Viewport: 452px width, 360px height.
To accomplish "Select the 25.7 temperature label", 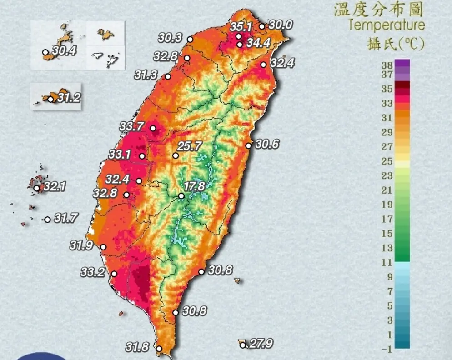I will [189, 146].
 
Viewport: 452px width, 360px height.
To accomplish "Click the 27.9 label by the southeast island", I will [261, 344].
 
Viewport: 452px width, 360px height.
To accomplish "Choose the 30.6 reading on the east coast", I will [267, 144].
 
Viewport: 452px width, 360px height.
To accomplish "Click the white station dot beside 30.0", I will [262, 26].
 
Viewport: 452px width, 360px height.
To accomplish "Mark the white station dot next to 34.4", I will [240, 44].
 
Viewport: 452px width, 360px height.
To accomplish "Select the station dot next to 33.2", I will [114, 274].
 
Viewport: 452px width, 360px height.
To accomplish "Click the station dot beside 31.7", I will [47, 220].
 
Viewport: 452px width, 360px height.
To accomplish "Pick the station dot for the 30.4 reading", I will [45, 52].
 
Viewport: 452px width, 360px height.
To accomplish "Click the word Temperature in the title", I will [387, 25].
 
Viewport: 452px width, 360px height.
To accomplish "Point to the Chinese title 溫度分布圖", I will [379, 9].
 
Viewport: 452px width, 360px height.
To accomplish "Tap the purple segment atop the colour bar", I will [402, 66].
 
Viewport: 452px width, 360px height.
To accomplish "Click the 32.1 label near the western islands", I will [55, 187].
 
